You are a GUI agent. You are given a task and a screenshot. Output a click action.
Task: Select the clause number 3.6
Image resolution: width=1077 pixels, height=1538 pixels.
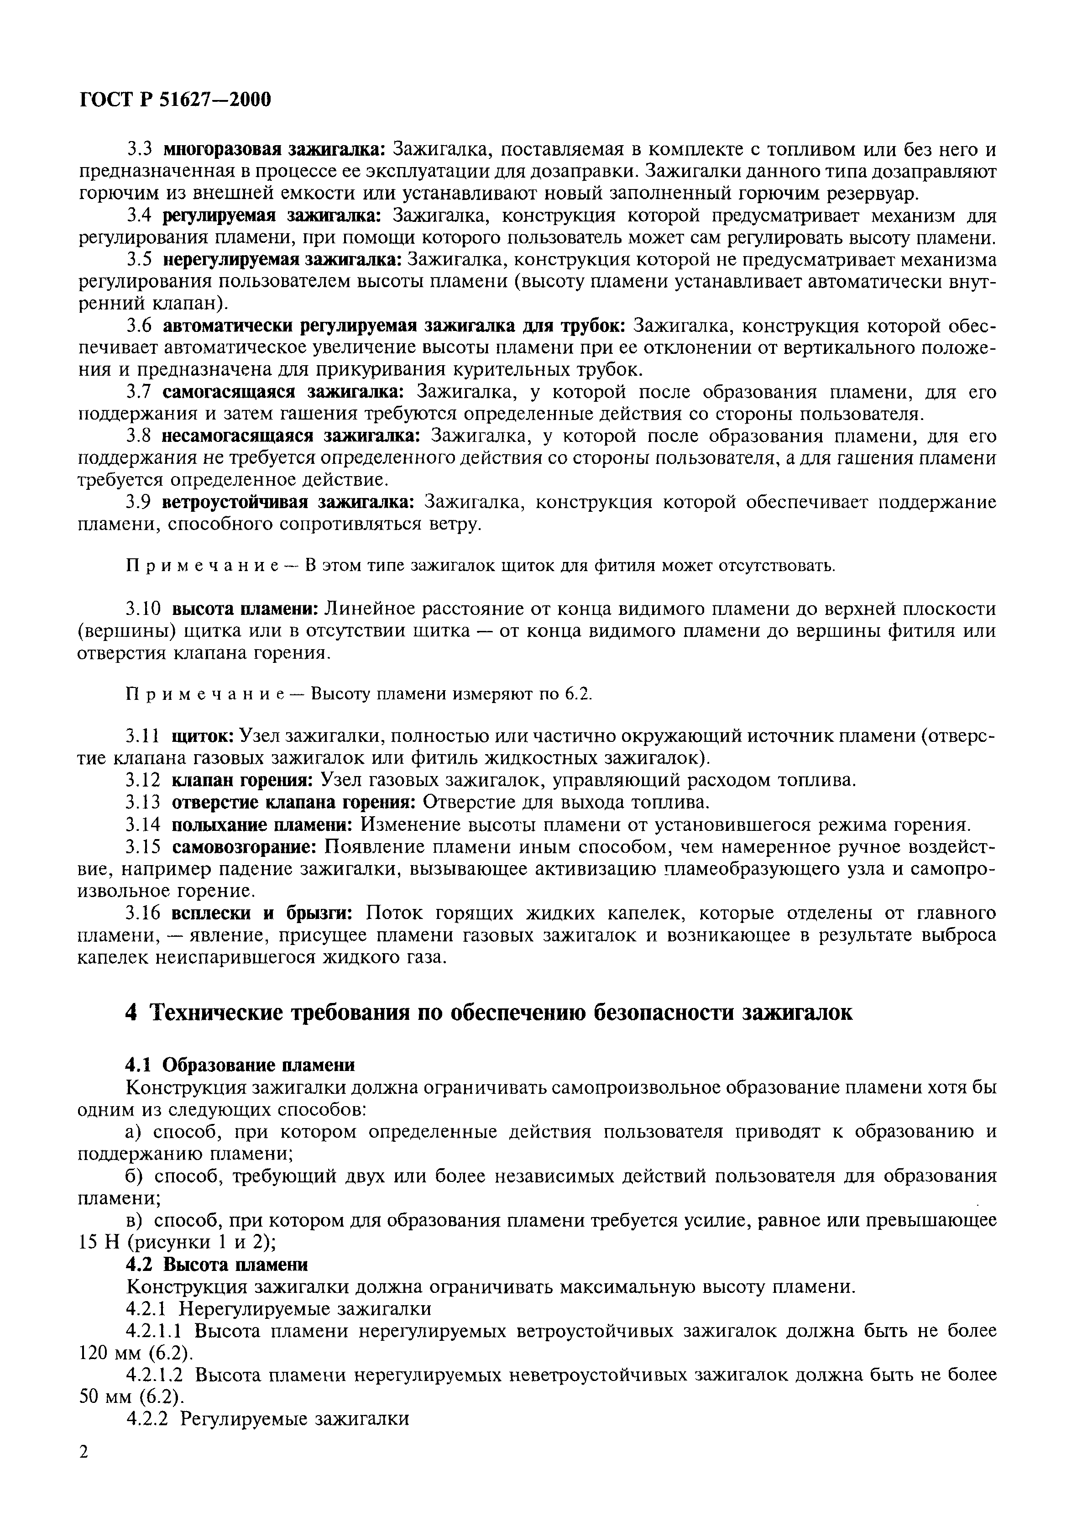(x=141, y=325)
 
